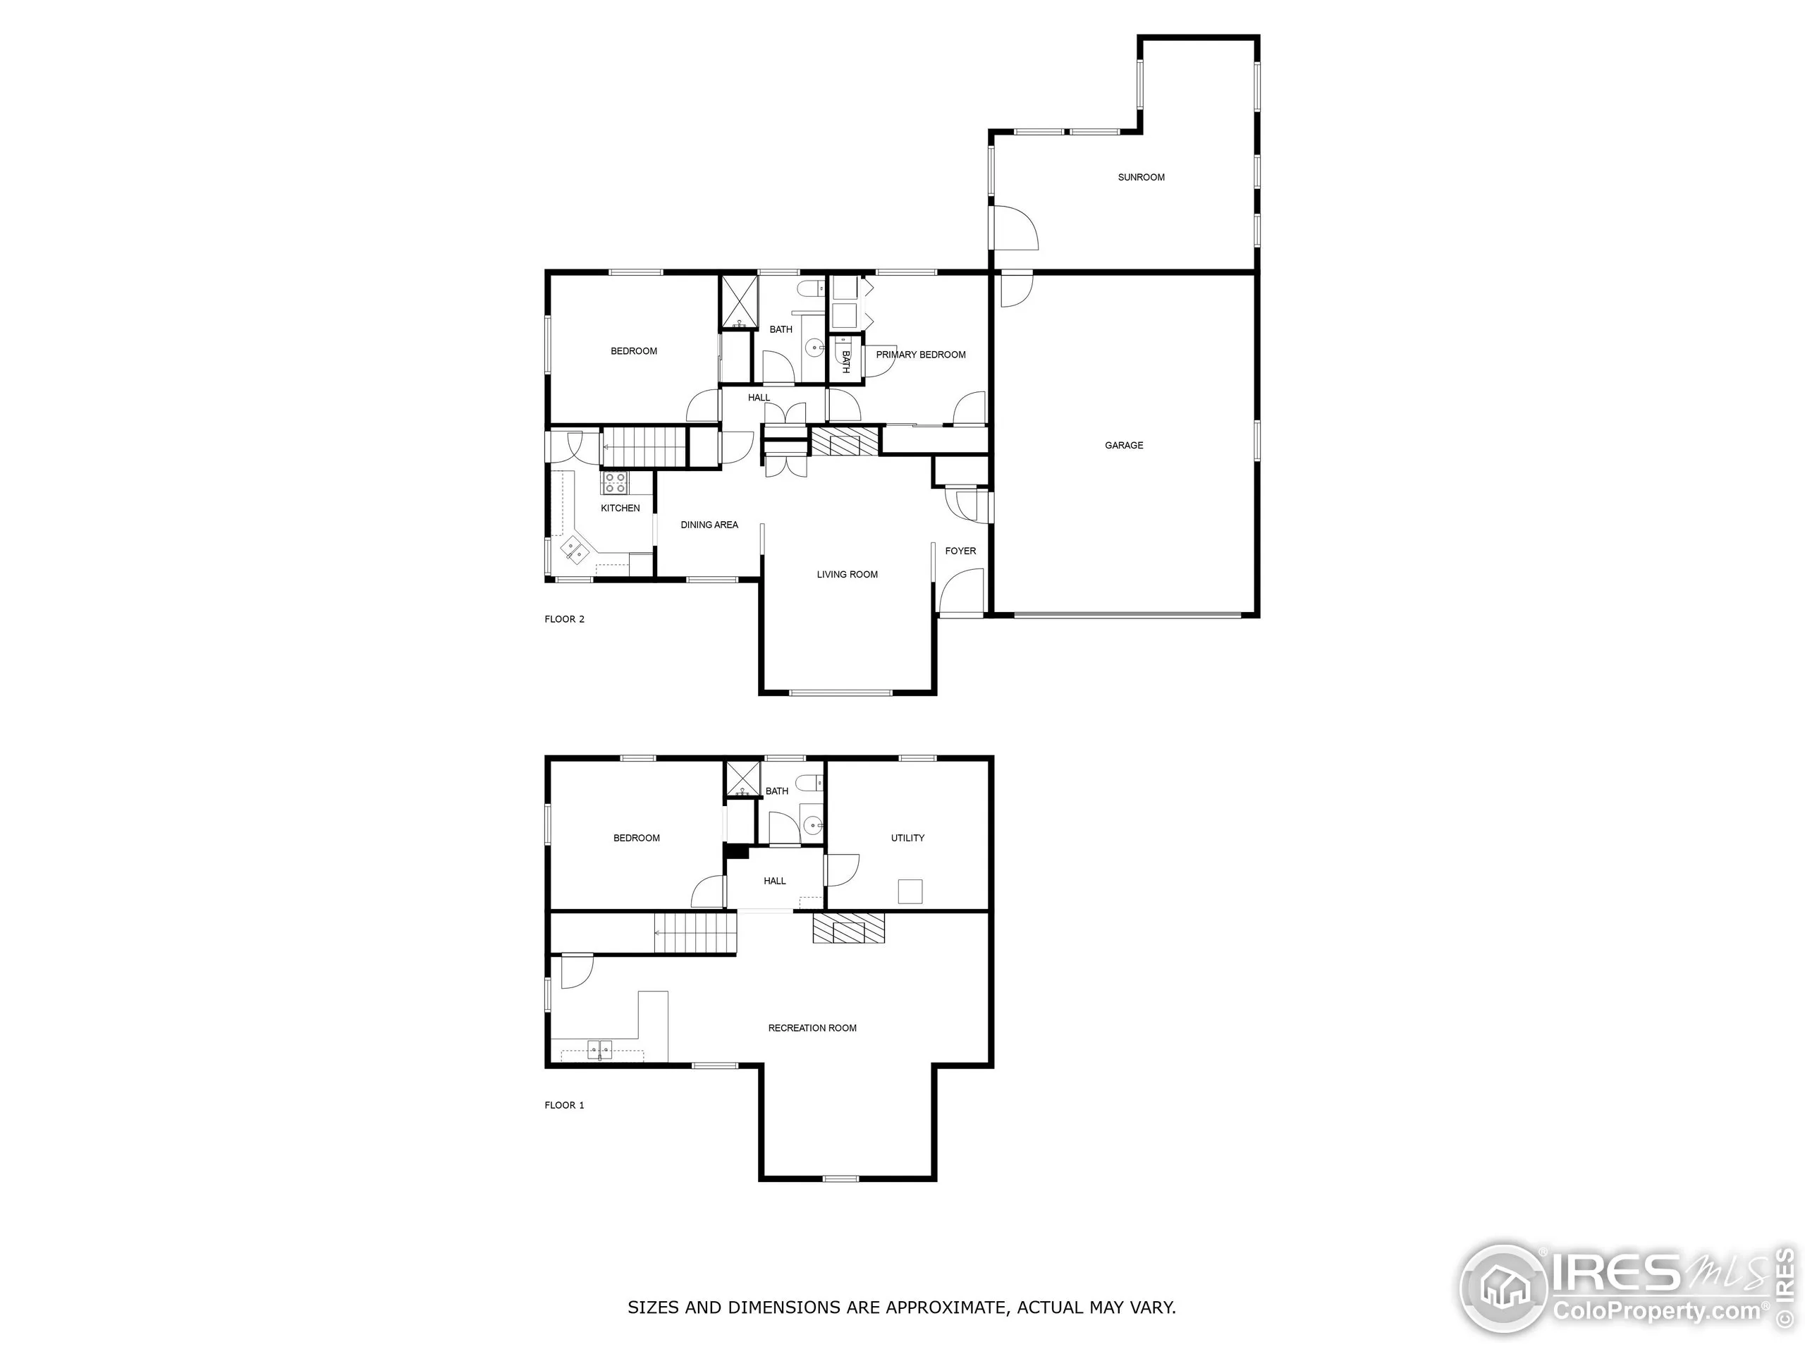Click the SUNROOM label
pyautogui.click(x=1141, y=177)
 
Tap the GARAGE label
pyautogui.click(x=1124, y=446)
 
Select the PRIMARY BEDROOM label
pyautogui.click(x=920, y=355)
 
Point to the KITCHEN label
pyautogui.click(x=620, y=508)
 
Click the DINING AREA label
pyautogui.click(x=709, y=525)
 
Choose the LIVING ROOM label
pyautogui.click(x=847, y=575)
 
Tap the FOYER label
pyautogui.click(x=960, y=551)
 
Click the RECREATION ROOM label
pyautogui.click(x=812, y=1028)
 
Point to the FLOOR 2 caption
pyautogui.click(x=565, y=619)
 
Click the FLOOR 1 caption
pyautogui.click(x=565, y=1105)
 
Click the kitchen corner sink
pyautogui.click(x=575, y=549)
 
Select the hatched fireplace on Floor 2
pyautogui.click(x=845, y=442)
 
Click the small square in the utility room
pyautogui.click(x=910, y=891)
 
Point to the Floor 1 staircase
pyautogui.click(x=695, y=934)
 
